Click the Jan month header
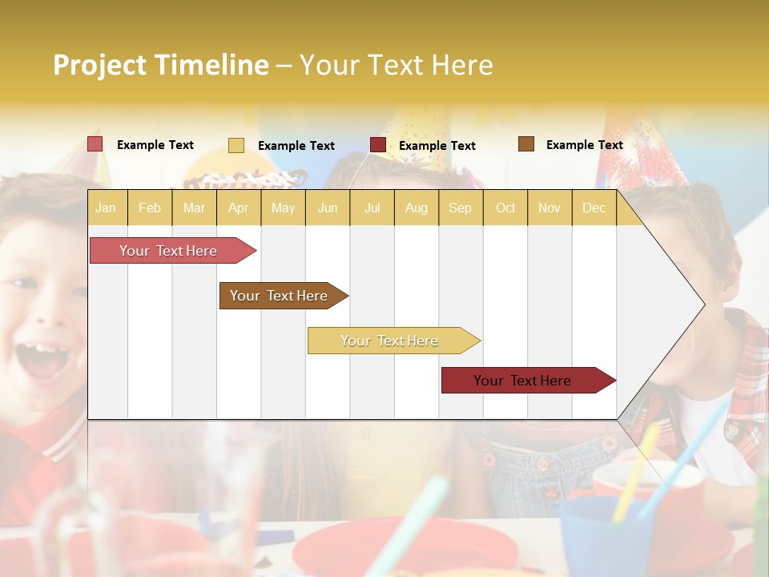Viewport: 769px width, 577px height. tap(106, 208)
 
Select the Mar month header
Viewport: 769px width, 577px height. tap(194, 208)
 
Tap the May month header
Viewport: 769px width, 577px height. tap(283, 208)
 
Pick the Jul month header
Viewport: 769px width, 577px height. tap(372, 208)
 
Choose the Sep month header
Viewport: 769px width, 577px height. tap(460, 208)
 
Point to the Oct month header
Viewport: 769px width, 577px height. tap(505, 208)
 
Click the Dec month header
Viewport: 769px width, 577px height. tap(594, 208)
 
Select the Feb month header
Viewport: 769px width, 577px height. tap(150, 208)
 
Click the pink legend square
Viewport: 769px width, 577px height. tap(95, 144)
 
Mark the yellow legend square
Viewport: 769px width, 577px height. tap(236, 145)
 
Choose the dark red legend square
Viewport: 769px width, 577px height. tap(378, 145)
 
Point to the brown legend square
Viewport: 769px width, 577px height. tap(526, 144)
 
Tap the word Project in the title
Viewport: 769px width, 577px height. tap(100, 65)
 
